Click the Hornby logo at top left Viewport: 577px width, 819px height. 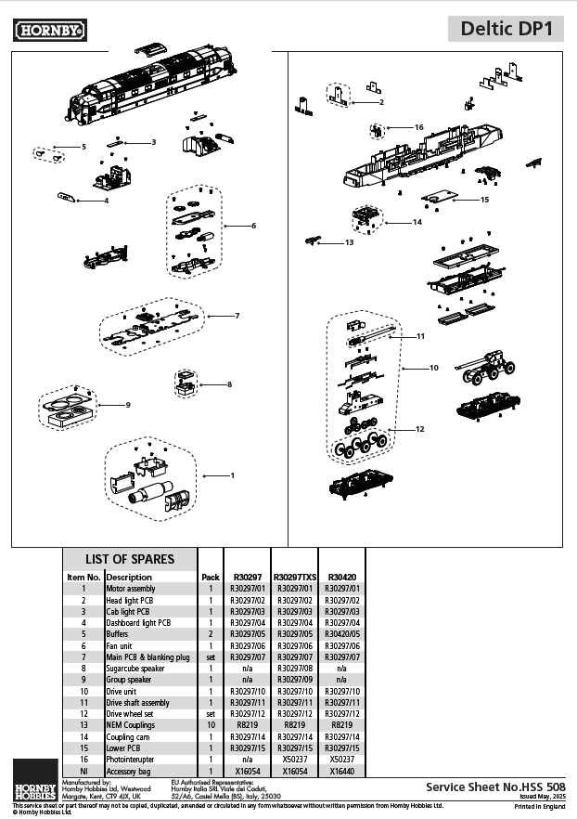(x=50, y=31)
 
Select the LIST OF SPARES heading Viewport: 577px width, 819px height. (x=130, y=559)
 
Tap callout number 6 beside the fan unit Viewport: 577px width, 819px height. (x=253, y=226)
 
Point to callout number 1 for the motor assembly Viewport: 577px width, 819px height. (x=232, y=475)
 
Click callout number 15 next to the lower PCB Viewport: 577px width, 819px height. (x=484, y=200)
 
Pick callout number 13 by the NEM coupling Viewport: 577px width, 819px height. (x=349, y=242)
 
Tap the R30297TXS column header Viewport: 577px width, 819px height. (x=295, y=577)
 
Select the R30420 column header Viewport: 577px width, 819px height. (x=342, y=577)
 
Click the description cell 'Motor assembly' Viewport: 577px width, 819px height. (x=131, y=589)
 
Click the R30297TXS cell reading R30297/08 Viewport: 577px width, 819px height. (x=295, y=668)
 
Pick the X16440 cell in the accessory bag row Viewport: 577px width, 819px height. (x=342, y=771)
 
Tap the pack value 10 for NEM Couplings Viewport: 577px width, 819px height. (x=211, y=724)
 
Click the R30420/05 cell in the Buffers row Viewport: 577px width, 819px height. (x=342, y=634)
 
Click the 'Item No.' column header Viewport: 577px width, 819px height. (x=83, y=577)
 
